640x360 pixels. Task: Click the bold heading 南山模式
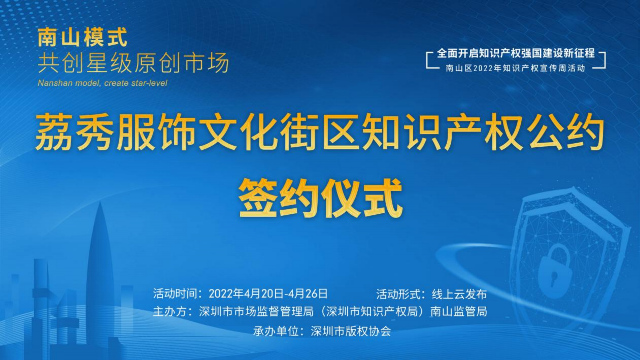pyautogui.click(x=82, y=37)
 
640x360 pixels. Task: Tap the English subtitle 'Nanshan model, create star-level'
pyautogui.click(x=102, y=83)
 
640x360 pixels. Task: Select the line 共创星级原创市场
pyautogui.click(x=133, y=63)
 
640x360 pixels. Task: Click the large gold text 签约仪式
pyautogui.click(x=321, y=198)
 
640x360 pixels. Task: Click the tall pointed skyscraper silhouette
pyautogui.click(x=100, y=273)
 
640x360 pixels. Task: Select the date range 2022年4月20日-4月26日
pyautogui.click(x=268, y=294)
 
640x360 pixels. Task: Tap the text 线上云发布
pyautogui.click(x=459, y=294)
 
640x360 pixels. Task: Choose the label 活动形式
pyautogui.click(x=399, y=294)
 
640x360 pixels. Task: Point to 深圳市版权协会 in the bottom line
pyautogui.click(x=351, y=331)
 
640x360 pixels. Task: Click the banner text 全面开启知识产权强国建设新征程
pyautogui.click(x=516, y=53)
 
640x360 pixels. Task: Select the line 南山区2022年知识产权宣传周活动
pyautogui.click(x=516, y=68)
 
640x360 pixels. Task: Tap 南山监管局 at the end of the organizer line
pyautogui.click(x=459, y=311)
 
